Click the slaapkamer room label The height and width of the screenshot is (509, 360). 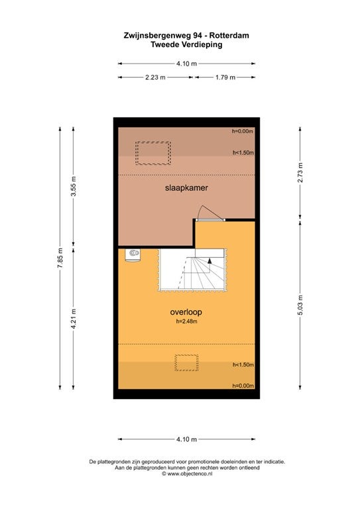pyautogui.click(x=186, y=188)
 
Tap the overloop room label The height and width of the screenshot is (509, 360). pyautogui.click(x=186, y=312)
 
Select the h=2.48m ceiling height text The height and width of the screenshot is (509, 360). pyautogui.click(x=187, y=321)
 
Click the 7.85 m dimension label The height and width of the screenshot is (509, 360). pyautogui.click(x=60, y=258)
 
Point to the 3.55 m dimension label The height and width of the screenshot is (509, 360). pyautogui.click(x=74, y=186)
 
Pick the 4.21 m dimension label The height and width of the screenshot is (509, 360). pyautogui.click(x=74, y=318)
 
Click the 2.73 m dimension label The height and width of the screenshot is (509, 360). pyautogui.click(x=300, y=172)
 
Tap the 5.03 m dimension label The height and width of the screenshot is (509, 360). pyautogui.click(x=300, y=305)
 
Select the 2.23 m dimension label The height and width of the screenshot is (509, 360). pyautogui.click(x=155, y=78)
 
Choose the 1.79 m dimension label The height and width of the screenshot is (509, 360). pyautogui.click(x=225, y=78)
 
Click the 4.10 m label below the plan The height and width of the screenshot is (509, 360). pyautogui.click(x=187, y=439)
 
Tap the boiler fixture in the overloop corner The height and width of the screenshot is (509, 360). pyautogui.click(x=133, y=254)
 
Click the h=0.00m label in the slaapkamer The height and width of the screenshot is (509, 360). pyautogui.click(x=243, y=131)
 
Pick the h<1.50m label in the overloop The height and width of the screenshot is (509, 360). pyautogui.click(x=243, y=365)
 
